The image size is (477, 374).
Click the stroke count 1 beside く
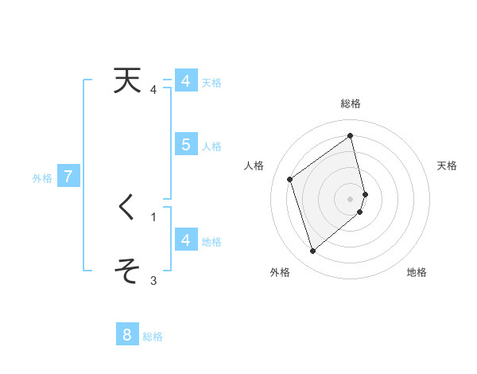153,216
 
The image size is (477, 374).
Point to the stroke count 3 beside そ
153,280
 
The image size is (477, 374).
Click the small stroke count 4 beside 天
153,90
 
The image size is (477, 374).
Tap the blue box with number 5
185,145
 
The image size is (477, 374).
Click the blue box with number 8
127,335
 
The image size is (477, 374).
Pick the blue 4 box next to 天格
185,81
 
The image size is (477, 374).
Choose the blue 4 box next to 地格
185,240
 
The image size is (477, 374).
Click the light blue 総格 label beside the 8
153,337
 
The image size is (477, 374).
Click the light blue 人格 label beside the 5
211,146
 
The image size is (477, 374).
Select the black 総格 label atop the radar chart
351,103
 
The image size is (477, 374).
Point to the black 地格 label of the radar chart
417,273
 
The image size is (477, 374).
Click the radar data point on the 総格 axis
351,135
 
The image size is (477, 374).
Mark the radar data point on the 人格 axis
290,179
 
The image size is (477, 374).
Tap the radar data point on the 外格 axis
312,251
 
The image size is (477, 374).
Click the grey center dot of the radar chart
351,198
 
